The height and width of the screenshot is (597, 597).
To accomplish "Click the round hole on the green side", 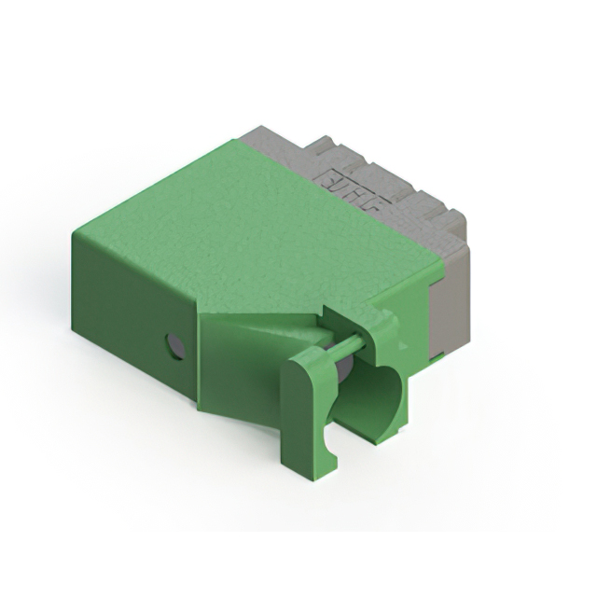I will click(174, 347).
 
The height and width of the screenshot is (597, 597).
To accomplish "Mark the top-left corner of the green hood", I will click(75, 233).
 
